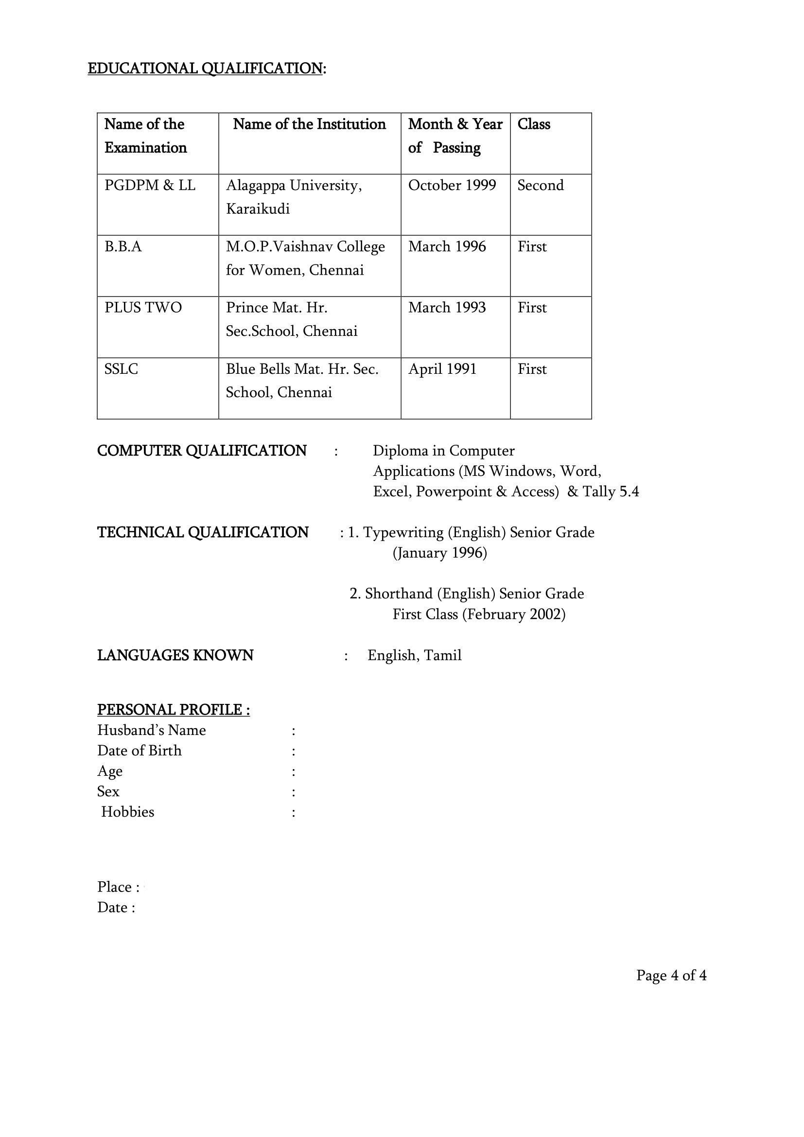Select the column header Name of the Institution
309,124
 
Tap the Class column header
533,124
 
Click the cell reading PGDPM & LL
150,185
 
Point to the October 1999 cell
452,185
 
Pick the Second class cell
540,185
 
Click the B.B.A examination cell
123,246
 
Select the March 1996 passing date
447,246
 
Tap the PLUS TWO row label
142,308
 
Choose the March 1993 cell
447,308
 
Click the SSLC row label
121,369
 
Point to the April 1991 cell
442,369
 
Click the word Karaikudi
258,209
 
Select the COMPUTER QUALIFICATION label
202,451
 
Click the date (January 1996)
439,553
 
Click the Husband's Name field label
151,730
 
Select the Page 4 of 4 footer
671,975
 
